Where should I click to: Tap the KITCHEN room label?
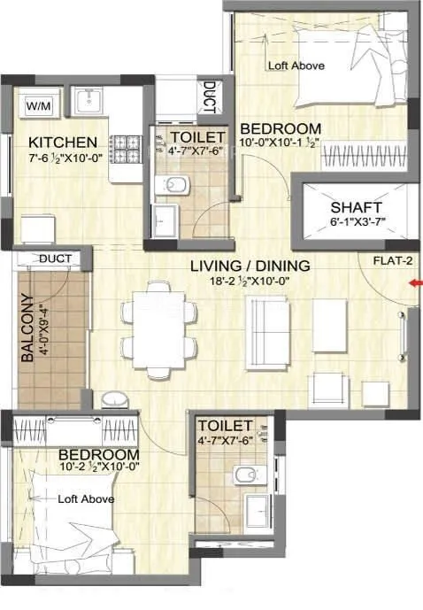pos(62,143)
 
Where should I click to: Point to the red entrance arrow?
pos(415,283)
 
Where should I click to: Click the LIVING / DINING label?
pos(250,265)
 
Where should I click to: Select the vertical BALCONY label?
pos(28,328)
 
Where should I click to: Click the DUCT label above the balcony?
pos(56,259)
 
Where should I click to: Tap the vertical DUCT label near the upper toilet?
pos(208,97)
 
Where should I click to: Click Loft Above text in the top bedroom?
pos(296,66)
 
